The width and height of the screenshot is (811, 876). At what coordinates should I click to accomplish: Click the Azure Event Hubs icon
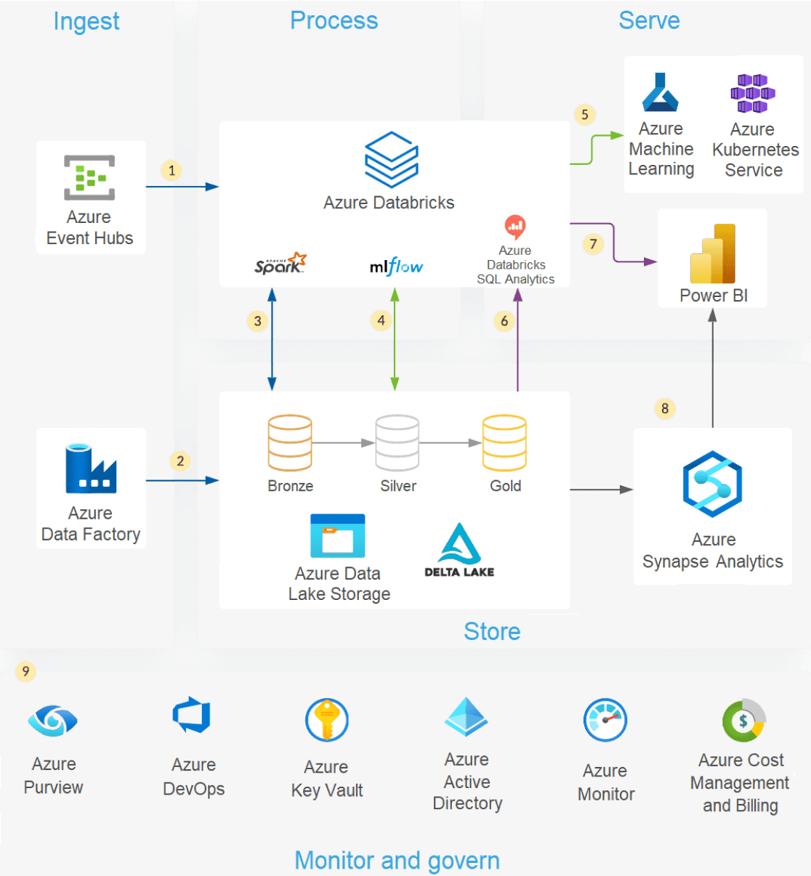click(89, 177)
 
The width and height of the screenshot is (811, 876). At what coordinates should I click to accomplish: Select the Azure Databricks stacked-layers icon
click(391, 159)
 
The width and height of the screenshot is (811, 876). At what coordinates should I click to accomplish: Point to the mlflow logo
click(396, 267)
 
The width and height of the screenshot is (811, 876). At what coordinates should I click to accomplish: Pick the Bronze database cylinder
click(290, 443)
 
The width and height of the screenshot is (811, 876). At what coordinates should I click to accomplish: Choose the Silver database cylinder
click(397, 443)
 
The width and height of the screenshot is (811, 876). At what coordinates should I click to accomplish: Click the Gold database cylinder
click(504, 443)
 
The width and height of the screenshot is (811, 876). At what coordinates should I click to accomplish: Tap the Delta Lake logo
click(459, 551)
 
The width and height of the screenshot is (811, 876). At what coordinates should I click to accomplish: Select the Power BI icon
click(713, 254)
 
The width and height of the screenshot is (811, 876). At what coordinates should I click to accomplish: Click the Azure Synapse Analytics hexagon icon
click(712, 484)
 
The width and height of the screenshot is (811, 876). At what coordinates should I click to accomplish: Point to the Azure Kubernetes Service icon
click(753, 94)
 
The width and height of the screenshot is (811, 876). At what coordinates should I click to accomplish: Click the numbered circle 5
click(585, 115)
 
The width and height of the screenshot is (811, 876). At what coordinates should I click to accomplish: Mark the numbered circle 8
click(665, 408)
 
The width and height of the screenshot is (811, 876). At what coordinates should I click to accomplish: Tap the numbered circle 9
click(26, 671)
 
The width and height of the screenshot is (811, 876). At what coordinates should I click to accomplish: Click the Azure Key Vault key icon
click(327, 720)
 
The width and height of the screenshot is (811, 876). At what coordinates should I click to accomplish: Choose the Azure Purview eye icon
click(52, 721)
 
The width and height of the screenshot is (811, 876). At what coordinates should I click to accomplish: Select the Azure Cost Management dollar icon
click(743, 721)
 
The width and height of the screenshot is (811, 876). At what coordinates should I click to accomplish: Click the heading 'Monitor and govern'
click(397, 860)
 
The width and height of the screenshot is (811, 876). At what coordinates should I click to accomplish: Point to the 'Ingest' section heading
click(86, 22)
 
